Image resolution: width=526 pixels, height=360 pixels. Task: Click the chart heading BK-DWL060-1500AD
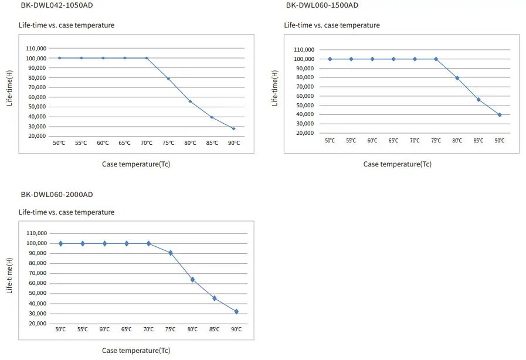click(322, 5)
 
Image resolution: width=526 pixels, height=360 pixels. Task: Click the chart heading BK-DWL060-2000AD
click(57, 195)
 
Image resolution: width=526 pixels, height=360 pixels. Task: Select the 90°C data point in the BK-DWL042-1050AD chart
click(233, 128)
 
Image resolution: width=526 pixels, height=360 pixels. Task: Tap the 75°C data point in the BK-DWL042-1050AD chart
click(168, 79)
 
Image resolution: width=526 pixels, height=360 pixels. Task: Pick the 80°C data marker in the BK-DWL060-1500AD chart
click(457, 78)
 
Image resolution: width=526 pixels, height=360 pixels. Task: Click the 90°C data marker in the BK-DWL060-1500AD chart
click(500, 115)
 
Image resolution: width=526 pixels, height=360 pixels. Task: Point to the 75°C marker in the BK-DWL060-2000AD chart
click(171, 253)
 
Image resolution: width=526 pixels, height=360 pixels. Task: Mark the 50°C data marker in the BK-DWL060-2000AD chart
click(61, 243)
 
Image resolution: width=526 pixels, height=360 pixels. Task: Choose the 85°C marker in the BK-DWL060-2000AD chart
click(215, 298)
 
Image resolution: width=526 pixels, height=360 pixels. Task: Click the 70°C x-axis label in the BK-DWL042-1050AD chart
click(147, 143)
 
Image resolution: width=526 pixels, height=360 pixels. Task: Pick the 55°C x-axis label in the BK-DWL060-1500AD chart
click(351, 141)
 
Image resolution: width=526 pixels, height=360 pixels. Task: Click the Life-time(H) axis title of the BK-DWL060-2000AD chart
click(9, 276)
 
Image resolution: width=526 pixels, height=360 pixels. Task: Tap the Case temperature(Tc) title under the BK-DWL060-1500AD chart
click(397, 164)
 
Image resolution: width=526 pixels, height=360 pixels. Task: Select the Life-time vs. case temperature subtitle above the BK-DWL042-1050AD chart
click(66, 25)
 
